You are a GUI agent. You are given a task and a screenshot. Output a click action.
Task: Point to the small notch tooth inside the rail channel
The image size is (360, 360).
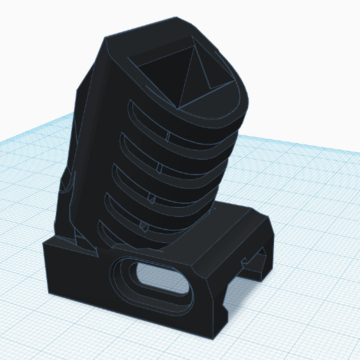tap(247, 264)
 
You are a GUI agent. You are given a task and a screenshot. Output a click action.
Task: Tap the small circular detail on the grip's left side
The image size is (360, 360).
tap(66, 186)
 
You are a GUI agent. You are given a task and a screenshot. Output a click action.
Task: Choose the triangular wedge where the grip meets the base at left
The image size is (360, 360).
tap(77, 241)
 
